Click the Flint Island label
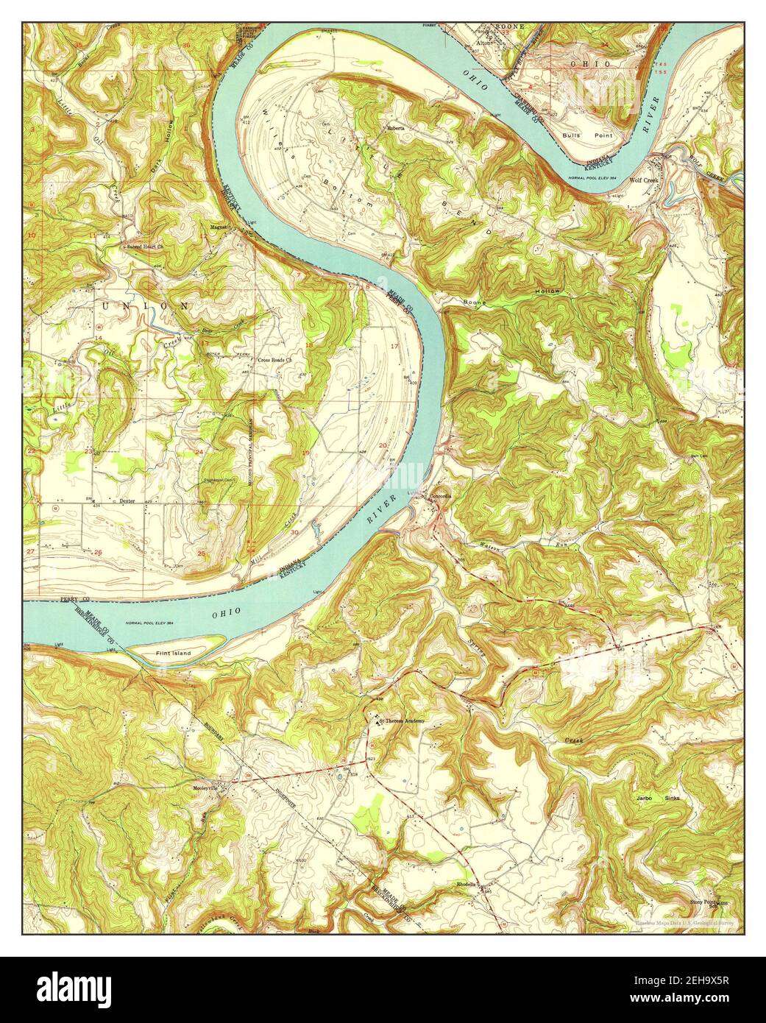pyautogui.click(x=173, y=653)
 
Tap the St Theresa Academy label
pyautogui.click(x=402, y=721)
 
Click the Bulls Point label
pyautogui.click(x=577, y=136)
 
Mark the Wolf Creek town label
pyautogui.click(x=644, y=179)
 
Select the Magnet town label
pyautogui.click(x=219, y=227)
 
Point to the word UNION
pyautogui.click(x=146, y=305)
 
